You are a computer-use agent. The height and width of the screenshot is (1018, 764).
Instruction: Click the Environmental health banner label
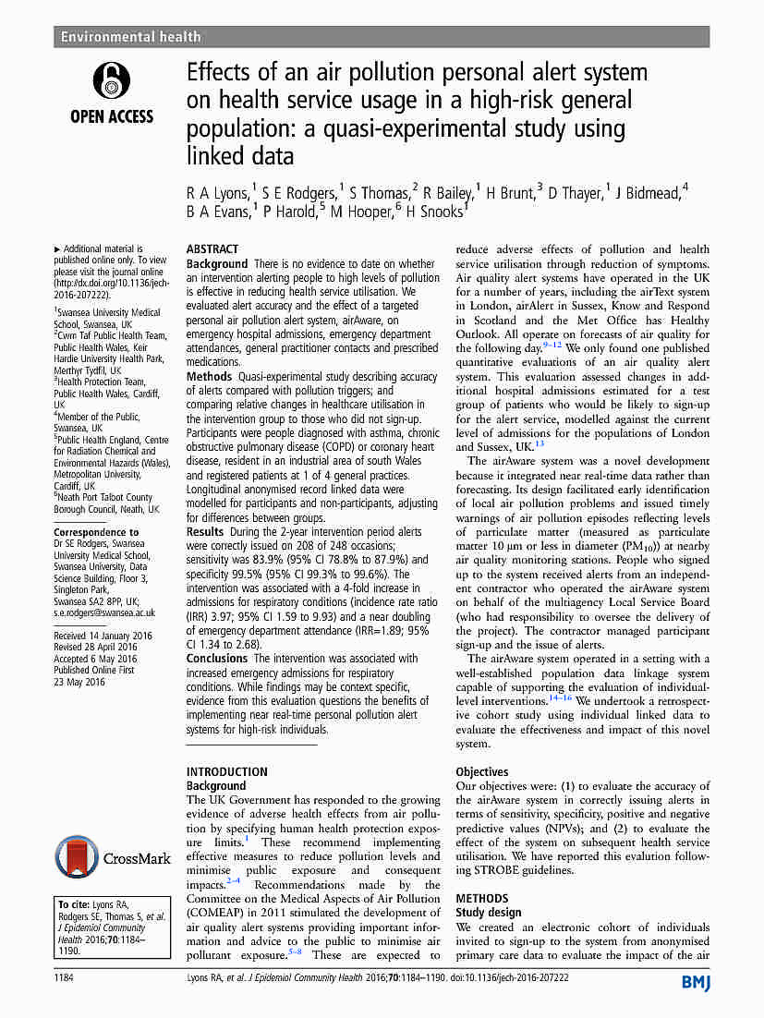click(x=130, y=37)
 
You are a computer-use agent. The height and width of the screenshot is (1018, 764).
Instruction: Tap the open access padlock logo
click(x=112, y=81)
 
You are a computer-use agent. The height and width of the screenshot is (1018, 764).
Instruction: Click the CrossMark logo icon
click(x=75, y=857)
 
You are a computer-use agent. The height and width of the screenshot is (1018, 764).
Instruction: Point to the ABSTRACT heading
click(x=212, y=249)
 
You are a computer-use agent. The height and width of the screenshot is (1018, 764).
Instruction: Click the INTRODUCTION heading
click(x=227, y=771)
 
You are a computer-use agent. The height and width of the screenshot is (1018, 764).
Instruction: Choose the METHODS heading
click(x=482, y=898)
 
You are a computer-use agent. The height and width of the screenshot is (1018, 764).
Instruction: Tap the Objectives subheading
click(x=482, y=771)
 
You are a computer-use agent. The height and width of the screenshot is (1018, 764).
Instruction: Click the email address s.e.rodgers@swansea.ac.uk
click(x=104, y=612)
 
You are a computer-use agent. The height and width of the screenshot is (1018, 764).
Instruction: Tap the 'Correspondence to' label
click(x=96, y=532)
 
